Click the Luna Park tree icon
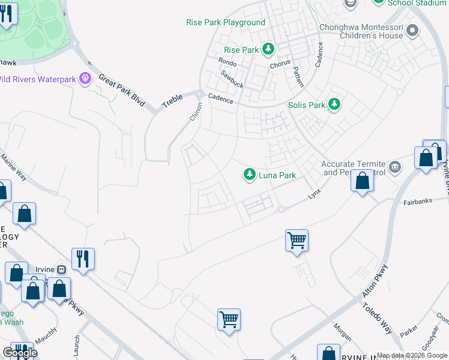(249, 175)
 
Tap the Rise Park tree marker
(270, 49)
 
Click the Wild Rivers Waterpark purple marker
(85, 78)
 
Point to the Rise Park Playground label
(226, 22)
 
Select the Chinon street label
(196, 112)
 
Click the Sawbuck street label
(231, 79)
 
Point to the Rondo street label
(228, 61)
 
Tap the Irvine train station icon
(61, 269)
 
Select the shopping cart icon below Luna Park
(297, 241)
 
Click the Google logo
(20, 352)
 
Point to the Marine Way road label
(13, 167)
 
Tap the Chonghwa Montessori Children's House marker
(412, 30)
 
